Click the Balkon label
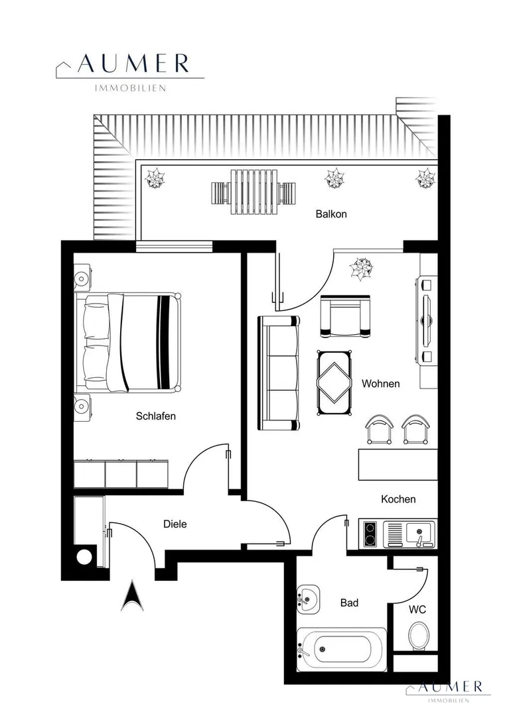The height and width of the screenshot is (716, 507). click(331, 213)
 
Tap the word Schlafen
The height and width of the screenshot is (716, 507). click(155, 416)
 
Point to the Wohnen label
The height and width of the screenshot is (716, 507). click(380, 384)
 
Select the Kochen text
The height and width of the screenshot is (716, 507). click(398, 499)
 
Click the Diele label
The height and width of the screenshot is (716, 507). click(175, 524)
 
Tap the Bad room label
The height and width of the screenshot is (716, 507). click(349, 603)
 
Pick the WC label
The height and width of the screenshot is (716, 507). click(417, 609)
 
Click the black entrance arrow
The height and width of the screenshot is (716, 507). click(132, 595)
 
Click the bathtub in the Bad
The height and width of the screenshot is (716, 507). click(342, 649)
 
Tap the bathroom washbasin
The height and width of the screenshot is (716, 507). click(308, 599)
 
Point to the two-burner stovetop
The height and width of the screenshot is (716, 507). click(370, 534)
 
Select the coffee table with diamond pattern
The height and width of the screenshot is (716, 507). click(334, 383)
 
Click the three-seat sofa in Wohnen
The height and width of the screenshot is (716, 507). click(279, 373)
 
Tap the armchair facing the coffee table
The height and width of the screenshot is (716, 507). click(346, 316)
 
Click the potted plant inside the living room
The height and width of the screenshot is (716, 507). click(362, 268)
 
